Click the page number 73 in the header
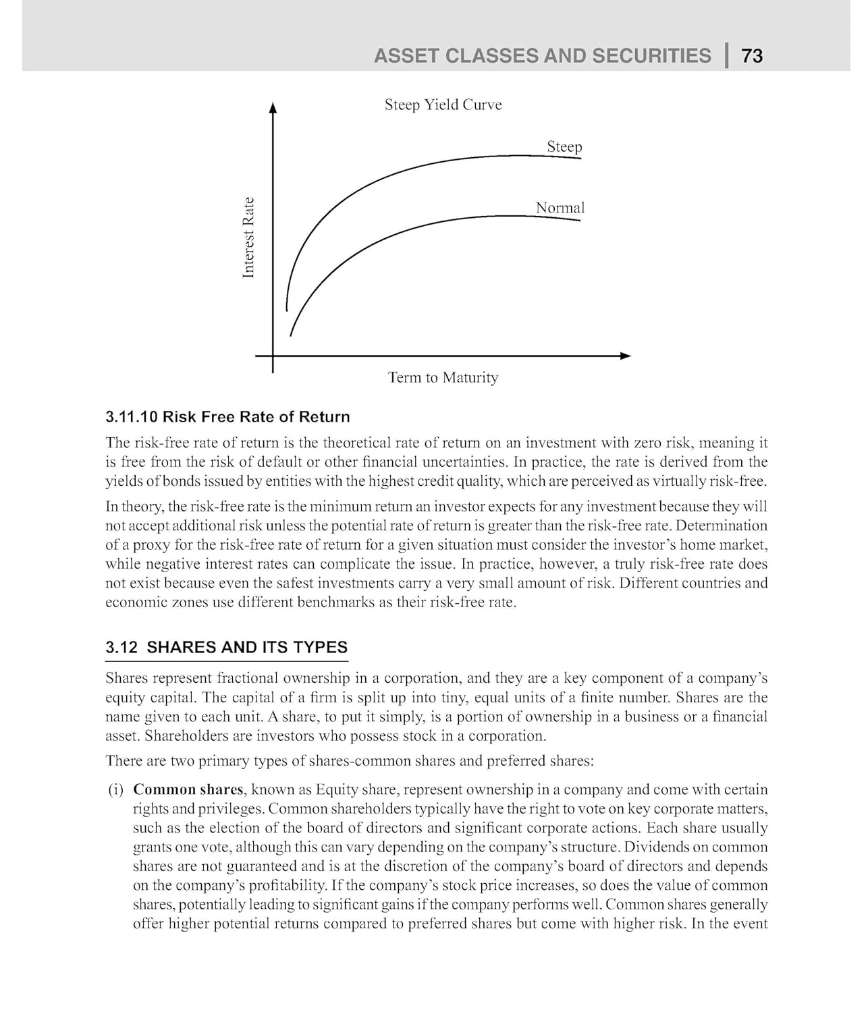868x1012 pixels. [752, 55]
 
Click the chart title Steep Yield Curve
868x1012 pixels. [443, 105]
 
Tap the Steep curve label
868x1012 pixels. [564, 146]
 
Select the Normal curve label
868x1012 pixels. [560, 208]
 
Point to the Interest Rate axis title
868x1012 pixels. [248, 237]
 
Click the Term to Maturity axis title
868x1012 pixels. [443, 377]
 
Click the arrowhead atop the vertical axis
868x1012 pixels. [273, 107]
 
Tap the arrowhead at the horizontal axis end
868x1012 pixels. [626, 356]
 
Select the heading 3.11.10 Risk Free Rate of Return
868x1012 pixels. [227, 417]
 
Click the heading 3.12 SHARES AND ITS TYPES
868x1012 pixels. [226, 648]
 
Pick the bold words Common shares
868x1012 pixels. [188, 789]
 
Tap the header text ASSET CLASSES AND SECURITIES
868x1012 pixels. [542, 55]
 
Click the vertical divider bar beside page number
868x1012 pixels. [727, 55]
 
